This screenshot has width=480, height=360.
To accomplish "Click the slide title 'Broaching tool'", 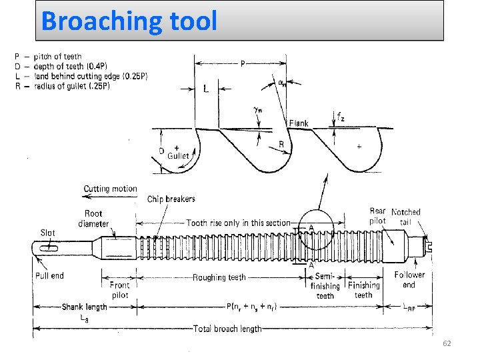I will pos(129,21).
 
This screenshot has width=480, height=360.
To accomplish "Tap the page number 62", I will pos(447,343).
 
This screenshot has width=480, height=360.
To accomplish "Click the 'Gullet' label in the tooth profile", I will pos(179,155).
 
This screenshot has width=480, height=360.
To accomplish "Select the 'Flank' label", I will pos(299,123).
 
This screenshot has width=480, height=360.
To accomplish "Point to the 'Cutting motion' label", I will pos(110,189).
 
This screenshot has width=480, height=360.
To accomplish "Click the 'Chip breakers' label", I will pos(171,199).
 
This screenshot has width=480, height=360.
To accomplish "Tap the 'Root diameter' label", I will pos(93,219).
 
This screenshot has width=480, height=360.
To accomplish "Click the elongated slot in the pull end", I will pos(49,248).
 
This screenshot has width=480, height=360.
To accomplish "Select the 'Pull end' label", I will pos(49,275).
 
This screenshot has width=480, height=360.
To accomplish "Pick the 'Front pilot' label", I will pos(119,289).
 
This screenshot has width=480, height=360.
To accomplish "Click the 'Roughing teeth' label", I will pos(219,277).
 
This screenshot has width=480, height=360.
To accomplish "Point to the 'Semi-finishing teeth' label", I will pos(325,285).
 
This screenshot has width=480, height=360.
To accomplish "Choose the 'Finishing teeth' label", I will pos(364,289).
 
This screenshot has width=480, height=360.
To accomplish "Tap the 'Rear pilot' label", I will pos(377,216).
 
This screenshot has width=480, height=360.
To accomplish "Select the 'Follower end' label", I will pos(409,279).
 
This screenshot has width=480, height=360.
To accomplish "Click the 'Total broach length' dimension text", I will pos(227,329).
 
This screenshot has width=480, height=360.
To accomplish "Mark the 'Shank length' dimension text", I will pos(84,307).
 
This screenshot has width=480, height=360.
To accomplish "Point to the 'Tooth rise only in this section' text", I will pos(239,223).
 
